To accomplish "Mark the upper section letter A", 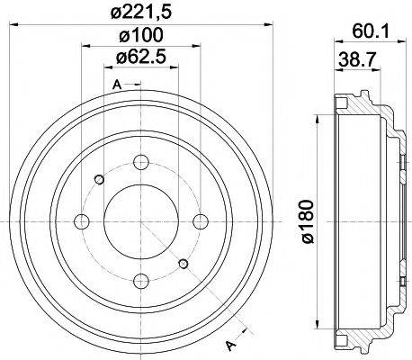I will pos(117,85).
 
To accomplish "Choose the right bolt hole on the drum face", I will pos(198,221).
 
